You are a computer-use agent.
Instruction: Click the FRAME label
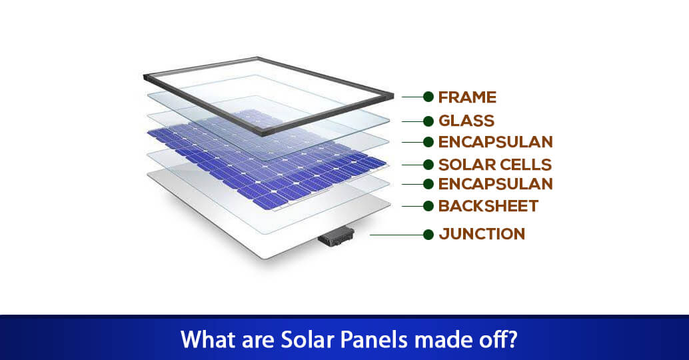click(467, 97)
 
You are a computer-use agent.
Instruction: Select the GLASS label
click(466, 121)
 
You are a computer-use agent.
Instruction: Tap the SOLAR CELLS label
click(495, 164)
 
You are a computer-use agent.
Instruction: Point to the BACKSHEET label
click(488, 206)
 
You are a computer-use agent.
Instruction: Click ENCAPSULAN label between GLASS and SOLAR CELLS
click(496, 142)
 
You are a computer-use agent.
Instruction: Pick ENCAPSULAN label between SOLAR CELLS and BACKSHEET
click(496, 184)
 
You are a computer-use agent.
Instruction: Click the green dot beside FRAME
click(428, 97)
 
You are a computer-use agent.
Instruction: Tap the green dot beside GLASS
click(428, 121)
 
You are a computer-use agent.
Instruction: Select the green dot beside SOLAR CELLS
click(428, 164)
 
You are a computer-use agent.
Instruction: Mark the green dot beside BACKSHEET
click(428, 206)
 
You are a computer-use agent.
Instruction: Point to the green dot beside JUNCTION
click(428, 234)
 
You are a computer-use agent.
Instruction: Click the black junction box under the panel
click(337, 237)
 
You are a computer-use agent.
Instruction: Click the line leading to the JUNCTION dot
click(396, 234)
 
